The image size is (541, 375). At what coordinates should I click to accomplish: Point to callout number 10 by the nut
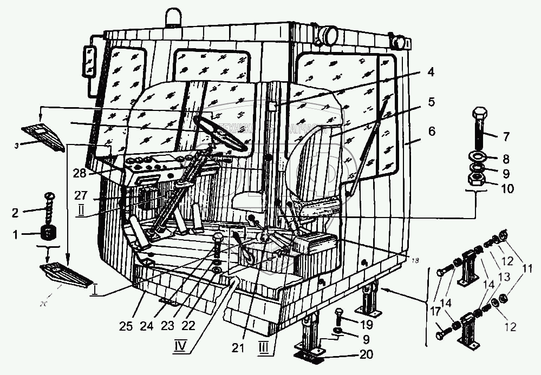point(508,189)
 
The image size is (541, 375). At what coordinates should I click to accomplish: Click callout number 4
point(429,71)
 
